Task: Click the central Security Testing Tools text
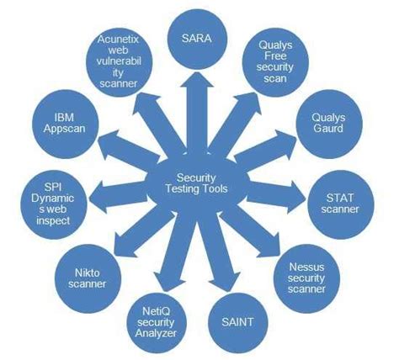tap(199, 183)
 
